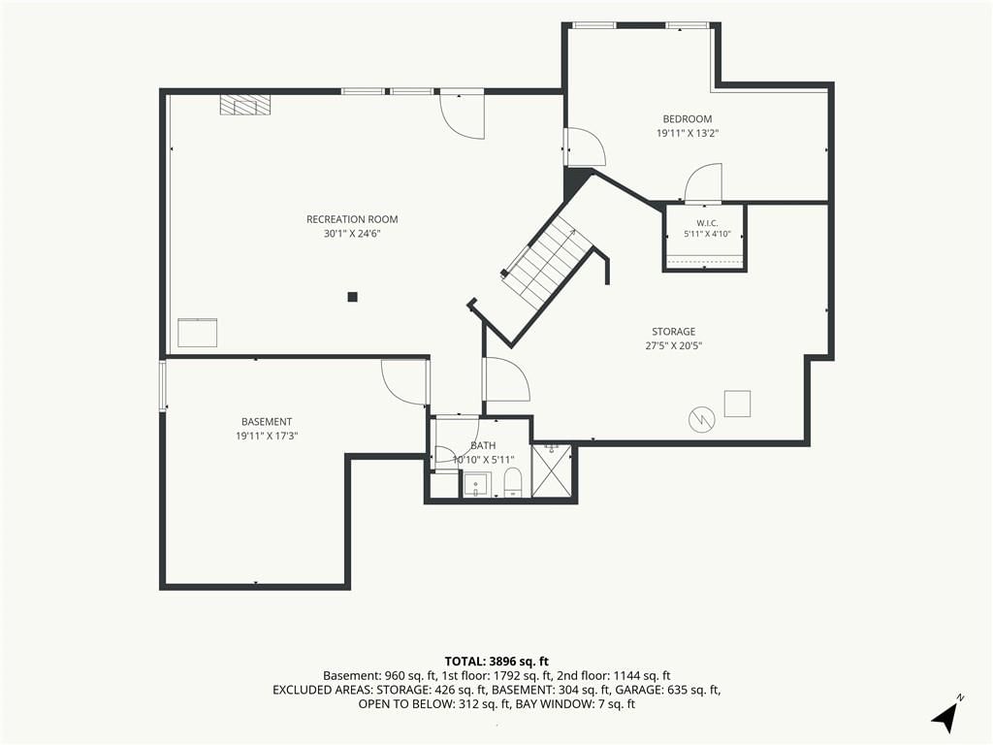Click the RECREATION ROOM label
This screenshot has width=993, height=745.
point(352,219)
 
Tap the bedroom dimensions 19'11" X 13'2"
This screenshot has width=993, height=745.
point(688,133)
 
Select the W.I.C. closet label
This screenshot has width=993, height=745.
point(707,222)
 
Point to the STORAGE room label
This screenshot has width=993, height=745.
point(673,332)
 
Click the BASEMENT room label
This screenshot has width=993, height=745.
point(267,421)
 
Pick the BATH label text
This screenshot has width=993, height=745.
point(483,445)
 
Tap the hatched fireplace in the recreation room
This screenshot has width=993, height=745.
point(245,105)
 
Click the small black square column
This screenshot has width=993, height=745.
point(353,297)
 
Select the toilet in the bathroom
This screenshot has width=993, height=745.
point(512,482)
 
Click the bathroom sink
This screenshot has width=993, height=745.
point(475,485)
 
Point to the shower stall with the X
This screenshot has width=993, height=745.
point(552,470)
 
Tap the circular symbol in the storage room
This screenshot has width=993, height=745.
point(702,419)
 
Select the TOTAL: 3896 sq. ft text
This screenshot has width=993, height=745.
point(496,662)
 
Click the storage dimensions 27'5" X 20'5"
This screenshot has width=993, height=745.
point(673,345)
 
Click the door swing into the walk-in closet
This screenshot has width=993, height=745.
point(702,182)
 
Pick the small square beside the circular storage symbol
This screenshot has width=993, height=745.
point(737,404)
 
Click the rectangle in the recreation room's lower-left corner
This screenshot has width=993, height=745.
point(198,333)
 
